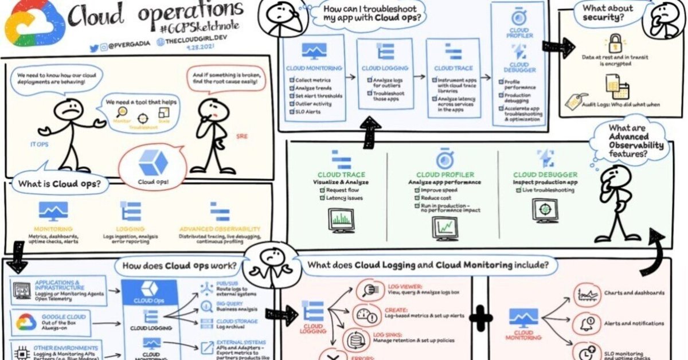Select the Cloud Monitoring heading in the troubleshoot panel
[x=314, y=68]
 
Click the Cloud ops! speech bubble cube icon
[x=153, y=162]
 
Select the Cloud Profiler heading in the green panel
[x=444, y=175]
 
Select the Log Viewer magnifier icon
[x=365, y=291]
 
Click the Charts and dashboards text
[x=634, y=293]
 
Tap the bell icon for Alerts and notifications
[x=586, y=324]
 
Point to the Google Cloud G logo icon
[x=26, y=322]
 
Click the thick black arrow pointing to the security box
[x=558, y=48]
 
